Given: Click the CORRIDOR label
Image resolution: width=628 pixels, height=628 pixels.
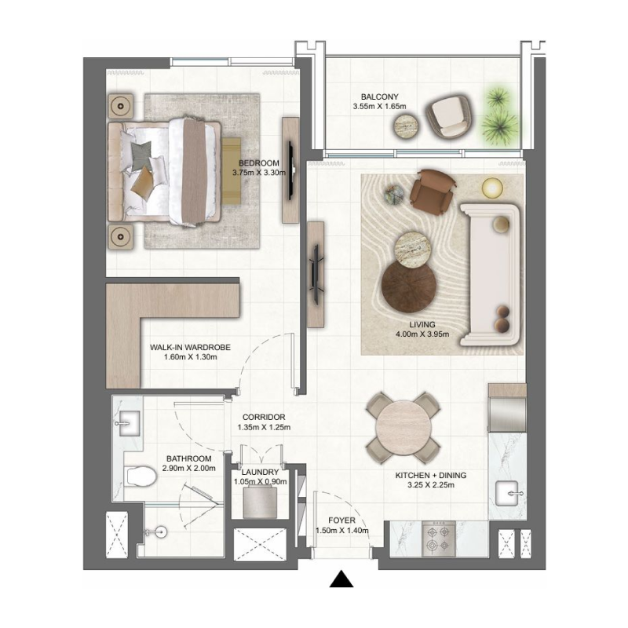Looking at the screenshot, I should [x=263, y=417].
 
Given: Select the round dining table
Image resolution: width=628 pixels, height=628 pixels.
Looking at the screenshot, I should [x=404, y=429].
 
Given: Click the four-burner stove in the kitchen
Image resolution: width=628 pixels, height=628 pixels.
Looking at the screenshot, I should [x=436, y=539].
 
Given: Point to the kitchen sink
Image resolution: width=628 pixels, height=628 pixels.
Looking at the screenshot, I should [x=509, y=494].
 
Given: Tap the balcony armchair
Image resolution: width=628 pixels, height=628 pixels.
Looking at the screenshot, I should [x=449, y=115].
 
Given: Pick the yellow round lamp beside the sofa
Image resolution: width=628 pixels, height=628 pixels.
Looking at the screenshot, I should [x=491, y=187].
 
